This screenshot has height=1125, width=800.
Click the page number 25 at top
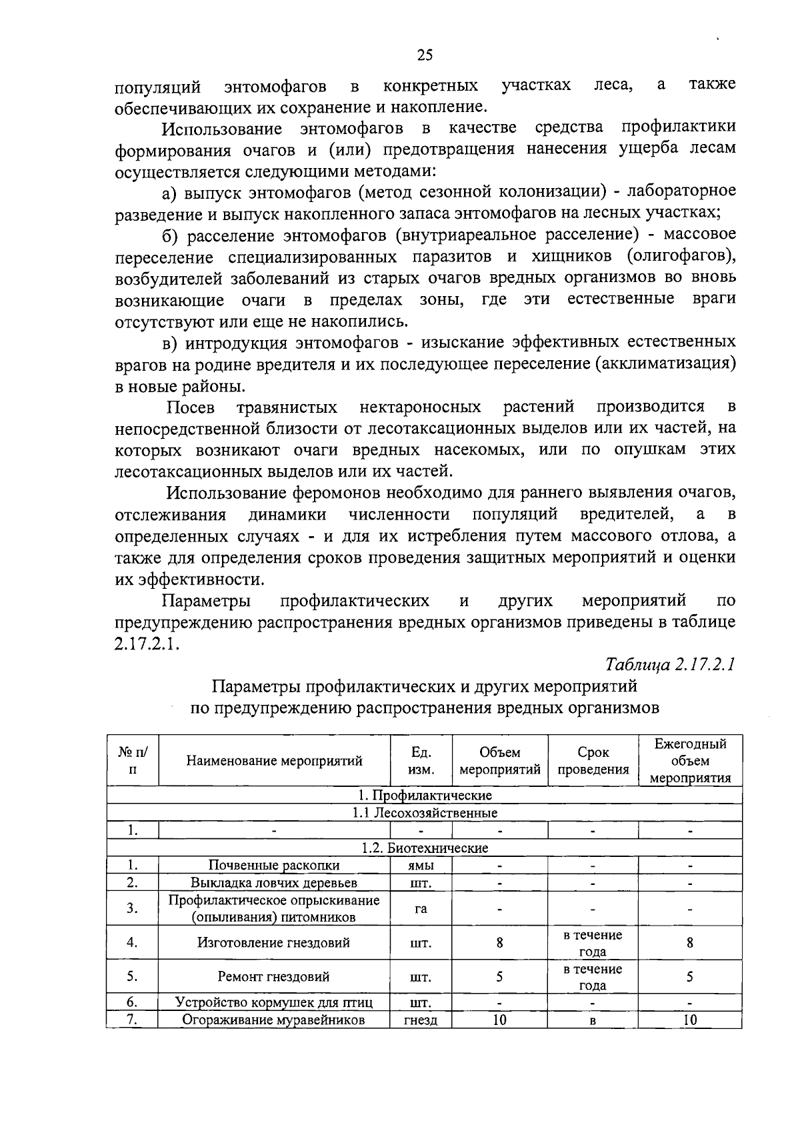[425, 55]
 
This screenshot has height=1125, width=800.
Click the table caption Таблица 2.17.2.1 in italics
[670, 664]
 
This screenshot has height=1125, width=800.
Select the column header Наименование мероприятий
[274, 761]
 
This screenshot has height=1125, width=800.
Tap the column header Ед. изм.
[421, 761]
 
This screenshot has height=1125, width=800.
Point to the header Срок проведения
[593, 761]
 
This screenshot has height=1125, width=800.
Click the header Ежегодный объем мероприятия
[690, 761]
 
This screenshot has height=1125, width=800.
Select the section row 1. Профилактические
[425, 796]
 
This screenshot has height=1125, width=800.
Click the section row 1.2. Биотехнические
[425, 848]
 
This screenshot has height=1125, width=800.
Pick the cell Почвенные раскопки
[274, 866]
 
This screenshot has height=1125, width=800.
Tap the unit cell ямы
[421, 866]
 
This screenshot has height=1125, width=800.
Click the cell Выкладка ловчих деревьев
[274, 883]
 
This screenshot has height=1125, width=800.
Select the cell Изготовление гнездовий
[274, 943]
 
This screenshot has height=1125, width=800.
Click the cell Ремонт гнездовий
[274, 978]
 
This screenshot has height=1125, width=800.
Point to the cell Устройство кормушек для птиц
[274, 1002]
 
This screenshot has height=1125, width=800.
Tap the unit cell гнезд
[421, 1020]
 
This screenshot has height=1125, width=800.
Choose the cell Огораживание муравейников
[274, 1020]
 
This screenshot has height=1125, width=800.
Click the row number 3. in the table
[133, 908]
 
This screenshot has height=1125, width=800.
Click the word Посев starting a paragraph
[191, 407]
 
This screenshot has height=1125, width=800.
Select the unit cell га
[421, 908]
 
